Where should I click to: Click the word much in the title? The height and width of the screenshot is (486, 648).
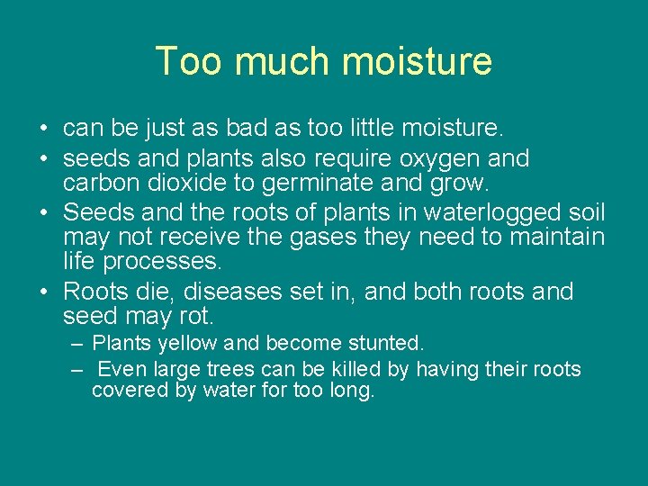(277, 61)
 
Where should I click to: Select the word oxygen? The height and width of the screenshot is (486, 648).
(434, 159)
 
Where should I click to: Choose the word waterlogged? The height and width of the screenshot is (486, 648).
(482, 213)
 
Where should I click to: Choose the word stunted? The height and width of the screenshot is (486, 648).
(382, 343)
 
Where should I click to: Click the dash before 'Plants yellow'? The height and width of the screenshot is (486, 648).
(77, 344)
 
